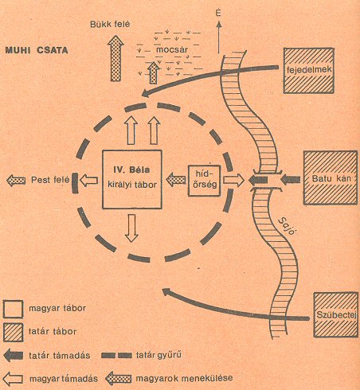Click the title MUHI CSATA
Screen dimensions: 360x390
pos(37,50)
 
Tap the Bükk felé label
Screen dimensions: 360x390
pos(110,24)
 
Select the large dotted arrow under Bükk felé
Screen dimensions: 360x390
pos(115,58)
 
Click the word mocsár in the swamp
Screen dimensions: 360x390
pos(172,49)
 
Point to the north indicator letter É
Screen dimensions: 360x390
pos(218,13)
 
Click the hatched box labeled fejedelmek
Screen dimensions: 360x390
pos(309,71)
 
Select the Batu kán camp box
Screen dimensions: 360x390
pos(331,177)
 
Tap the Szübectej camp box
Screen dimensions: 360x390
pos(336,315)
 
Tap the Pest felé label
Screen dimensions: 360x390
pos(50,180)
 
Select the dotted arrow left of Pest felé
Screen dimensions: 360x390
pos(16,181)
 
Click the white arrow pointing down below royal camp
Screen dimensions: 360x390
pos(131,228)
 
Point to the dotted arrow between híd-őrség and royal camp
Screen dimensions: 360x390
pos(176,180)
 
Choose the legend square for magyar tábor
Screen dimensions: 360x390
pos(13,309)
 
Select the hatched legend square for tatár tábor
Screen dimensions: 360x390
pos(13,332)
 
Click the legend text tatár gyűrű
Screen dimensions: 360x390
pos(158,355)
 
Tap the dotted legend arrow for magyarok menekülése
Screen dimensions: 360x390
pos(119,379)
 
